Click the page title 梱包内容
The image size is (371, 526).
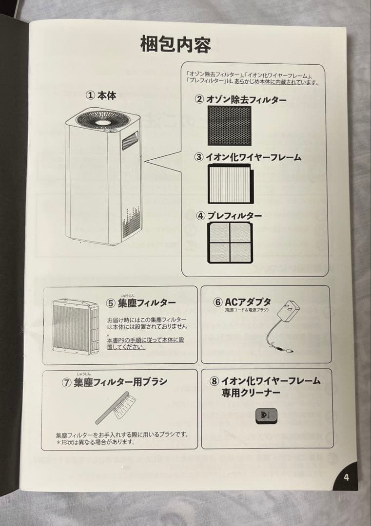click(176, 44)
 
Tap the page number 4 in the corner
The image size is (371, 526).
click(346, 477)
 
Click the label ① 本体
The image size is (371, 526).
click(101, 95)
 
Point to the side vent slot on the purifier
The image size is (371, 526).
click(130, 141)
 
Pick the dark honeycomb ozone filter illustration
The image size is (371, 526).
click(229, 126)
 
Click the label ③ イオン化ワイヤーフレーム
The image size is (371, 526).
click(247, 157)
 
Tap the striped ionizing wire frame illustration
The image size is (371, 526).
click(231, 184)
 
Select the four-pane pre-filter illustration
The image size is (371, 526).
click(230, 243)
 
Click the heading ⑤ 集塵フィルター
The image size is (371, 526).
click(141, 302)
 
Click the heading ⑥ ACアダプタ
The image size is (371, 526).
click(242, 302)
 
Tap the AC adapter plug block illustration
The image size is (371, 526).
click(288, 312)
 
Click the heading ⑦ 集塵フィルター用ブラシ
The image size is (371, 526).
click(114, 382)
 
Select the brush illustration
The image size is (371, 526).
click(116, 409)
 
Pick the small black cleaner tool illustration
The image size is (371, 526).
click(267, 415)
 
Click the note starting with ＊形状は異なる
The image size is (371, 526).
click(96, 443)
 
